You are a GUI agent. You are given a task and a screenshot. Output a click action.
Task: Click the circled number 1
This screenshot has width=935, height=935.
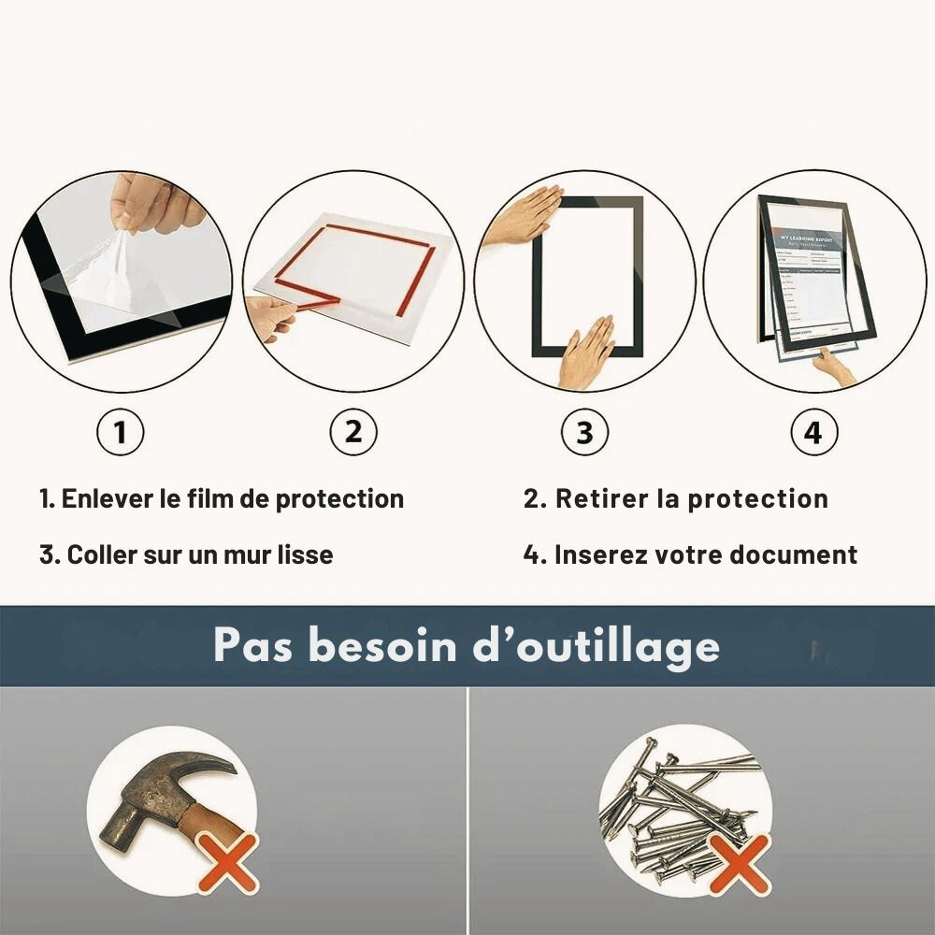pyautogui.click(x=120, y=433)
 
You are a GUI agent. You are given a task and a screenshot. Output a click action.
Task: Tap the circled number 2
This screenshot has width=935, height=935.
pyautogui.click(x=352, y=433)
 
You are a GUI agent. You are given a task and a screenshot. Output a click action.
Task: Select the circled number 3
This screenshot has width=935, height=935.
pyautogui.click(x=584, y=433)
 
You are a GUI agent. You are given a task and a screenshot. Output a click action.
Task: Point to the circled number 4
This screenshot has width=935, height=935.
pyautogui.click(x=813, y=433)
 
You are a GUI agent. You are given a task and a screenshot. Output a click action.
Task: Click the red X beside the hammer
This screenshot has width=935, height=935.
pyautogui.click(x=227, y=862)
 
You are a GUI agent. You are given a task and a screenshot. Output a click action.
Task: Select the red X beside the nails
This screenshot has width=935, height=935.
pyautogui.click(x=739, y=862)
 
